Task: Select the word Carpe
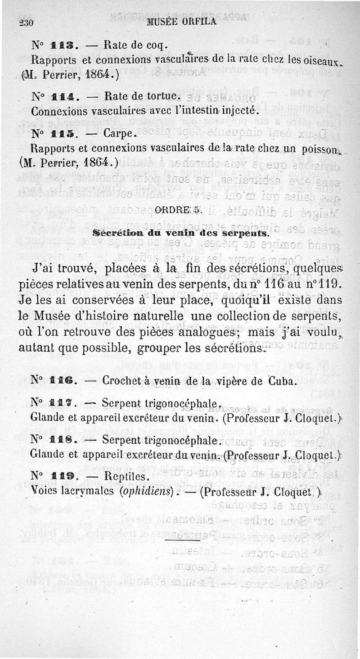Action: point(118,134)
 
